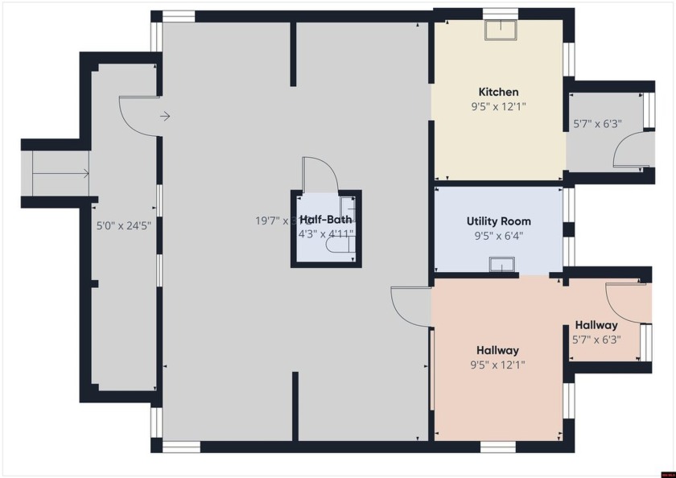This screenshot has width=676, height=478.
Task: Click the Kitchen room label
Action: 498,92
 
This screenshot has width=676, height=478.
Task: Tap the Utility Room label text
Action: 498,220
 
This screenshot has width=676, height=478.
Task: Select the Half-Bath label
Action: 325,220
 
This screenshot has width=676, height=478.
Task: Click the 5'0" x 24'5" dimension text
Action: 124,226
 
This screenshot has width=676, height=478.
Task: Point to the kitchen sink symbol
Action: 501,30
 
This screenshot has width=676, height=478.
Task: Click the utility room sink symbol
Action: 502,264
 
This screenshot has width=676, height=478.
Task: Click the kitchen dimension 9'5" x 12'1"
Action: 498,106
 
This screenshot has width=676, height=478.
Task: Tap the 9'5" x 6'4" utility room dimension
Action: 498,236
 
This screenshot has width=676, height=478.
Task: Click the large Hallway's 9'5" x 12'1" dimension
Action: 497,365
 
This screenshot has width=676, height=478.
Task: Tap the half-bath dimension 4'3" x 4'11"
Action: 325,234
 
